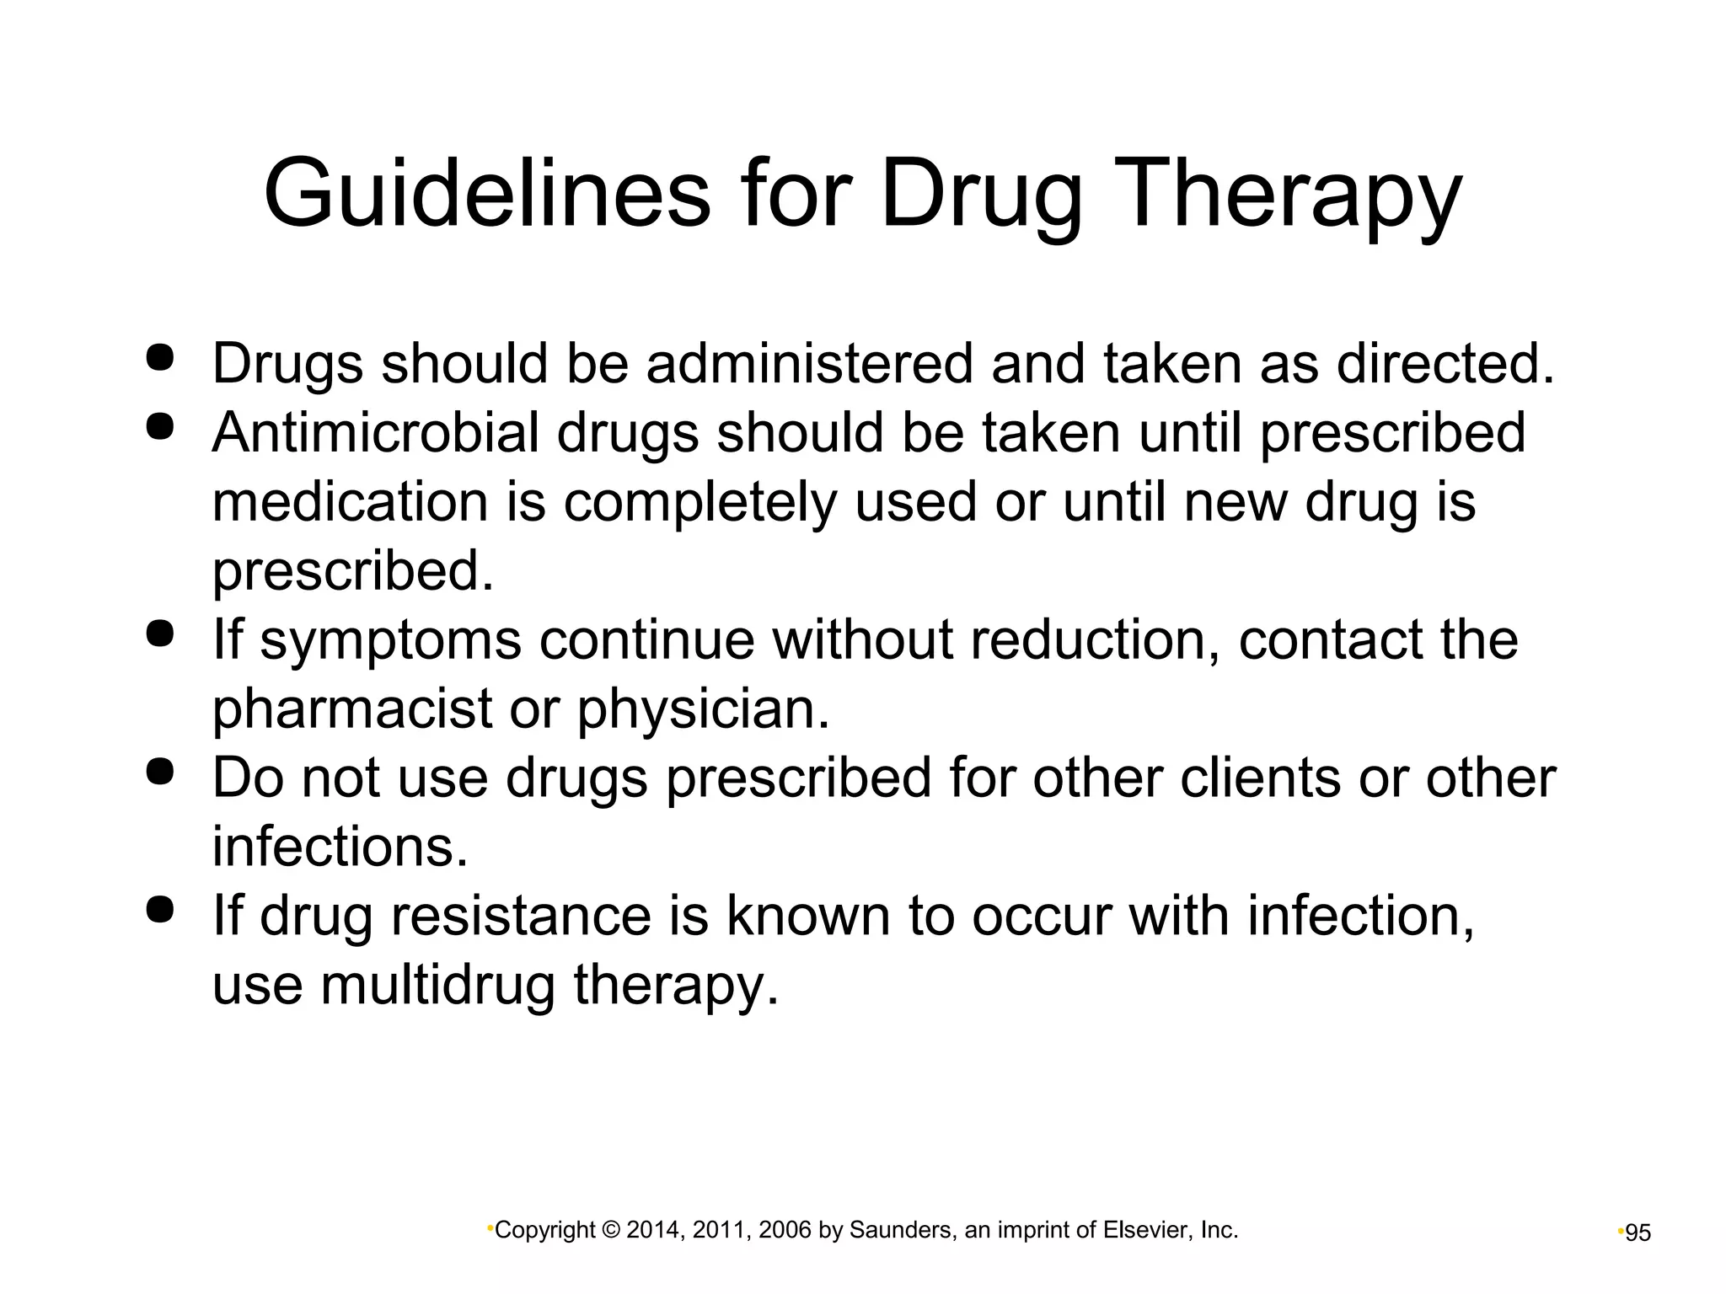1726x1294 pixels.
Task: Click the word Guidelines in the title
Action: [x=487, y=193]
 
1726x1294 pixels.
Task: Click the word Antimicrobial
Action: [x=375, y=433]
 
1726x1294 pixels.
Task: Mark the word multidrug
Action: [x=438, y=986]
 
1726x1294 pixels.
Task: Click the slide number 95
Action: [x=1638, y=1233]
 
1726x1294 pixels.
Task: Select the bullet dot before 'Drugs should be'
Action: [x=159, y=357]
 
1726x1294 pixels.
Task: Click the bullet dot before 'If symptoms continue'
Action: [x=159, y=634]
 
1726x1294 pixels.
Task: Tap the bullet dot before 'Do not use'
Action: [x=159, y=772]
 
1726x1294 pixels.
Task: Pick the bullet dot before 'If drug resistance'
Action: [x=159, y=910]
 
